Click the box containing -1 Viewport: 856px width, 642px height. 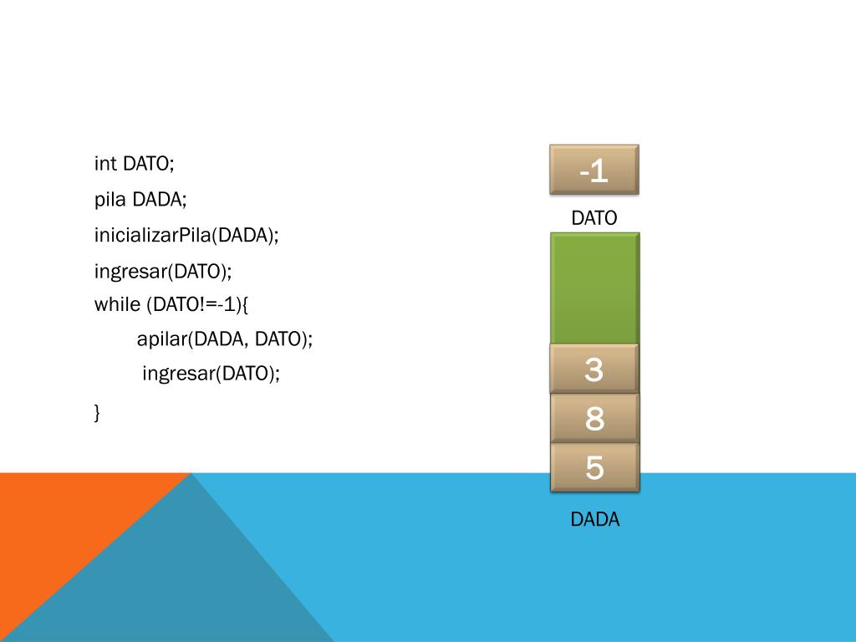[x=594, y=170]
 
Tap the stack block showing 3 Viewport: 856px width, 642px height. [x=594, y=369]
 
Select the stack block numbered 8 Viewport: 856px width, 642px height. [x=594, y=418]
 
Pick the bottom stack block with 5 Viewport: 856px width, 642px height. [x=594, y=467]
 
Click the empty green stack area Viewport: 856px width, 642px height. [x=594, y=288]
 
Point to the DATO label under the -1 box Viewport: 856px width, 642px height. [x=594, y=219]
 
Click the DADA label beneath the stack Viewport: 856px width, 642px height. [x=594, y=519]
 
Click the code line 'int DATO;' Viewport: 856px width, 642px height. [x=134, y=164]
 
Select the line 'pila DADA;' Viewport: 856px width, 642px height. [x=140, y=200]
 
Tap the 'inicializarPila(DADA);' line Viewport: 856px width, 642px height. [x=186, y=236]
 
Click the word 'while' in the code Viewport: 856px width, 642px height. [x=116, y=304]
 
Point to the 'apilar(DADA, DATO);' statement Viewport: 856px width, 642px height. [x=224, y=339]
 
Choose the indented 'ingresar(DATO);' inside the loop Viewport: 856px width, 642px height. [x=211, y=374]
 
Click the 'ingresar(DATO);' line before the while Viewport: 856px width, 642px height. [x=162, y=272]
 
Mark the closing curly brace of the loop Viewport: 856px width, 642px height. [x=97, y=411]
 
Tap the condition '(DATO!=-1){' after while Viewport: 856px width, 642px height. [x=197, y=304]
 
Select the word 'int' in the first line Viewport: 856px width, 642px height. [x=105, y=164]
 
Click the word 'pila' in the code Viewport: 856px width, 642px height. [x=110, y=200]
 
